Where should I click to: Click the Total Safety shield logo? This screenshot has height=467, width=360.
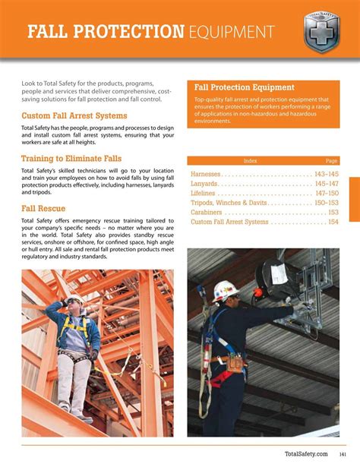321,32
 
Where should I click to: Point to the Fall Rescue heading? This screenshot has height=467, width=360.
43,208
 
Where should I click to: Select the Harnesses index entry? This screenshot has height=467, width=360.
210,174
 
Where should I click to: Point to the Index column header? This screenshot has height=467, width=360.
251,161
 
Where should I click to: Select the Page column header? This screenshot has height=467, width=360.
331,161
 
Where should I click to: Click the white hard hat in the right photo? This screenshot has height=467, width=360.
223,289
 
